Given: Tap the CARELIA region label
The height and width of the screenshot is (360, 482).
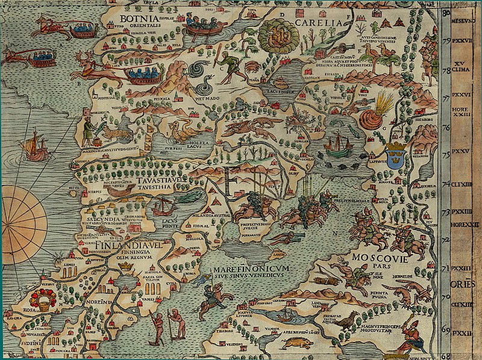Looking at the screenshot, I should point(319,23).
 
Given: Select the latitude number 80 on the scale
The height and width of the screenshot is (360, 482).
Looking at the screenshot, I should point(446,11).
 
